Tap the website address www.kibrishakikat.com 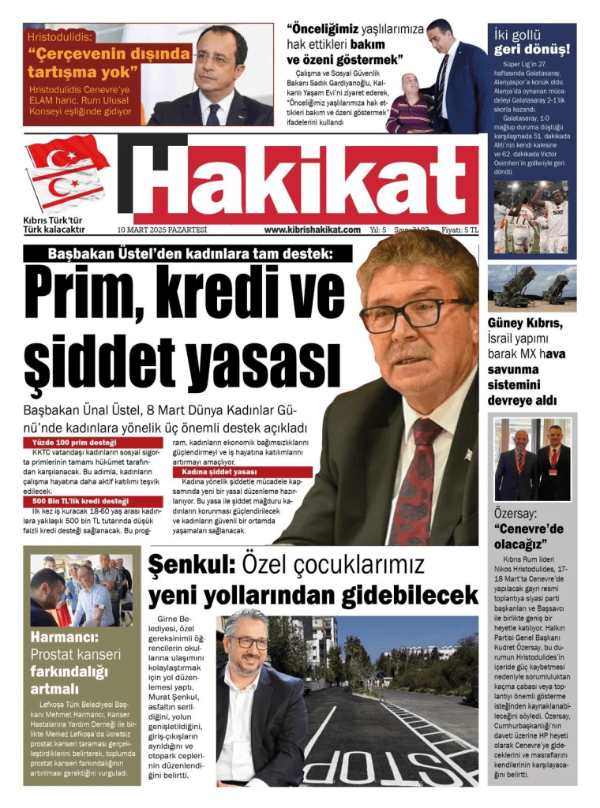point(312,230)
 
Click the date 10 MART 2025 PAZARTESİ point(162,230)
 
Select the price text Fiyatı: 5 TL point(459,230)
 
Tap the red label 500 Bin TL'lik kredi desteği point(81,501)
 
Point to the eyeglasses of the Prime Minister point(411,315)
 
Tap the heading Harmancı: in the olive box point(65,637)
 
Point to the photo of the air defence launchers point(531,286)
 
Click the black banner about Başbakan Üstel point(189,253)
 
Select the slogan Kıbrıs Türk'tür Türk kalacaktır point(54,225)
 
